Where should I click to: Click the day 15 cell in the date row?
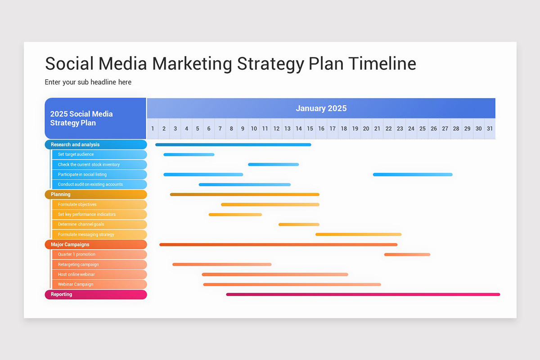[x=310, y=129]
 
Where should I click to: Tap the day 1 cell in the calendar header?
[x=153, y=129]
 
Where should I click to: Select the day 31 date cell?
[x=490, y=129]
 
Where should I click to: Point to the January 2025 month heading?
[x=321, y=108]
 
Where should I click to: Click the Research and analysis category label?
[x=75, y=144]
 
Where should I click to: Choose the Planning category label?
[x=61, y=194]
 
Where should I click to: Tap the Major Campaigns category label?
[x=70, y=244]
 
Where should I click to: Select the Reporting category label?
[x=62, y=294]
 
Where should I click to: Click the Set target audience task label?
[x=76, y=154]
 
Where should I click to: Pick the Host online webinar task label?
[x=76, y=274]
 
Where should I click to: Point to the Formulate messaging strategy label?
[x=86, y=234]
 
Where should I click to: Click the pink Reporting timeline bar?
[x=363, y=294]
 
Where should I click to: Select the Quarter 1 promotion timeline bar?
[x=407, y=255]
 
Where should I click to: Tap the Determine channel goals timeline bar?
[x=299, y=225]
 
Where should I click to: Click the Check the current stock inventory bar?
[x=273, y=165]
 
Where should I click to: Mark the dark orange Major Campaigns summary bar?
[x=278, y=245]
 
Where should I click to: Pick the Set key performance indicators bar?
[x=235, y=215]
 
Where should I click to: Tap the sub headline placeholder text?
[x=88, y=82]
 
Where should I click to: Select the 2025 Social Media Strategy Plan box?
[x=95, y=118]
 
